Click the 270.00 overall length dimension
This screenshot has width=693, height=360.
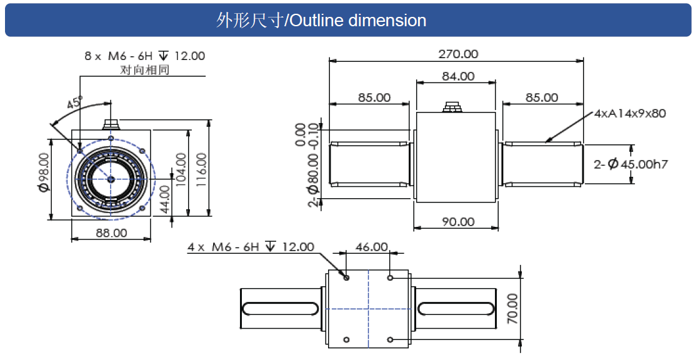[x=458, y=54]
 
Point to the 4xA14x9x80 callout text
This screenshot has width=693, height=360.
[x=629, y=113]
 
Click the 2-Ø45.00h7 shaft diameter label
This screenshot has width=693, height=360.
[x=631, y=164]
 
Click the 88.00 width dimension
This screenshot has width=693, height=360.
[x=112, y=232]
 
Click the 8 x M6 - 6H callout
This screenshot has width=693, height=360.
[x=144, y=56]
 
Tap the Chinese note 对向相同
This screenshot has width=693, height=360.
[x=144, y=69]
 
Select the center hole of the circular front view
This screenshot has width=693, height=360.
[x=111, y=179]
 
